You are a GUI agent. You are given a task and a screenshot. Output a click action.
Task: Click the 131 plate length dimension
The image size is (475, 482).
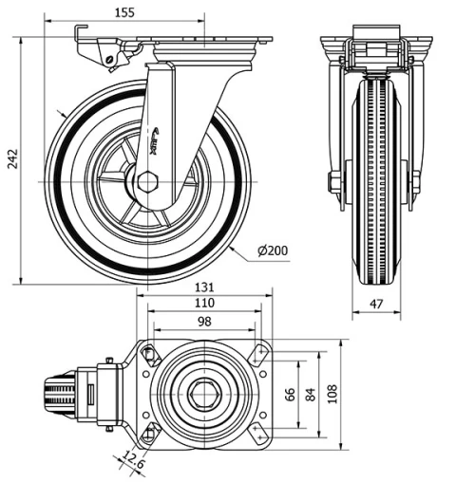click(204, 287)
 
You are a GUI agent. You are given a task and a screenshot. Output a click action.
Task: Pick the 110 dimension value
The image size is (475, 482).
click(204, 304)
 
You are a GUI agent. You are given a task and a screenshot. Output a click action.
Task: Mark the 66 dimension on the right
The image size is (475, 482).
click(291, 392)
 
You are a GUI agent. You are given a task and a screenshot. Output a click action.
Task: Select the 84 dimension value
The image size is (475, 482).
click(310, 392)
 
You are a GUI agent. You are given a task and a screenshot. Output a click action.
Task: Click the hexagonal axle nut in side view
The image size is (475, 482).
click(147, 181)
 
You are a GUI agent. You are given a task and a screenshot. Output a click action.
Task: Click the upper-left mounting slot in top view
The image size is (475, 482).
click(149, 355)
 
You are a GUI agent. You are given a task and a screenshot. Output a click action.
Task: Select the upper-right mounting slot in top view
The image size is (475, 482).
click(258, 354)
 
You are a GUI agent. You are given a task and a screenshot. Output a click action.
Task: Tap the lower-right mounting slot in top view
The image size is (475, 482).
click(258, 433)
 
